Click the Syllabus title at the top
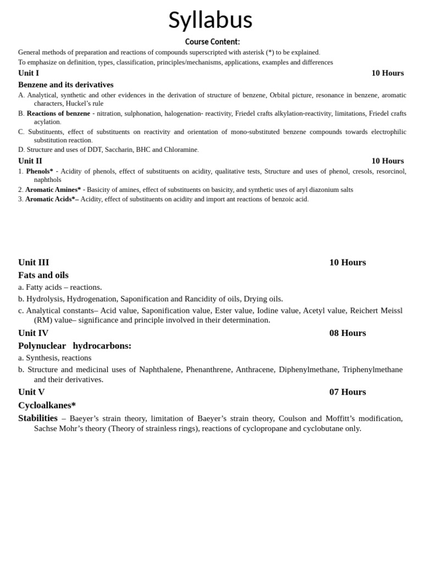(210, 20)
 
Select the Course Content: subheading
(212, 42)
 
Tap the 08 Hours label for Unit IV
(347, 333)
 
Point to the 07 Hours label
(347, 392)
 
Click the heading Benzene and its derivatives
(66, 85)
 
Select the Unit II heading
(30, 161)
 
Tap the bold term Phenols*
(40, 171)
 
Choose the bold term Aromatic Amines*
(53, 190)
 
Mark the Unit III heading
(34, 262)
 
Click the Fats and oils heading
(43, 275)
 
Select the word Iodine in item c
(268, 310)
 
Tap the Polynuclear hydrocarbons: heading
(75, 345)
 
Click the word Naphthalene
(160, 369)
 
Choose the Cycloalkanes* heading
(47, 405)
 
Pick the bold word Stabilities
(38, 418)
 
